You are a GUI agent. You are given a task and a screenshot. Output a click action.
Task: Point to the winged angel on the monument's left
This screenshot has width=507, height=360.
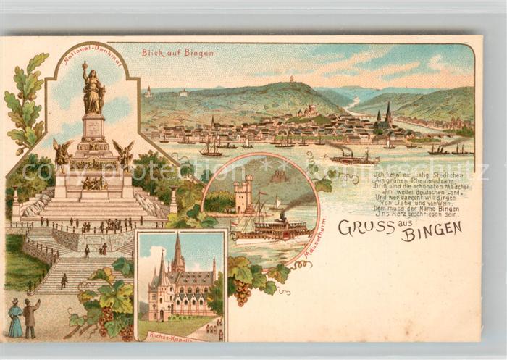pos(62,154)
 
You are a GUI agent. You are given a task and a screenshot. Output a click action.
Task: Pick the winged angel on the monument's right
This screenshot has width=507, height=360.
pos(125,154)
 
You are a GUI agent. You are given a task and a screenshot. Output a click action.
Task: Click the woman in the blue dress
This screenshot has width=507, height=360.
pos(15,319)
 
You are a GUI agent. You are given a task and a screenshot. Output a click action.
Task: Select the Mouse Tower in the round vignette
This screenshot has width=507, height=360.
pos(243,194)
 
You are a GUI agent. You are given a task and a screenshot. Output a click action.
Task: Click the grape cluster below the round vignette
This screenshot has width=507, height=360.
pos(243,291)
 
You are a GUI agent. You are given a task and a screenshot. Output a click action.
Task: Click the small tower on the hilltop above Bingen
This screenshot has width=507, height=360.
pos(292,79)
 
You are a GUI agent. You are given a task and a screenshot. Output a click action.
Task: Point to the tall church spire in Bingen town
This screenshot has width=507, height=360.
pos(388,112)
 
